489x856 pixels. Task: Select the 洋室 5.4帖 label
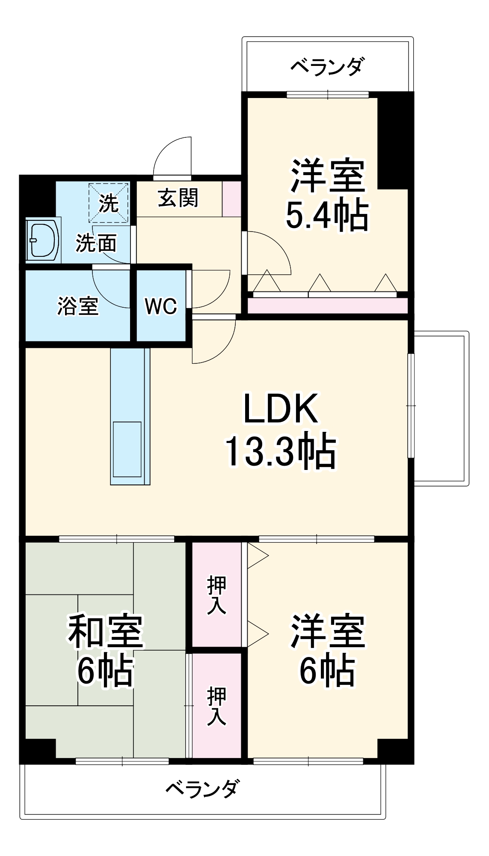point(327,195)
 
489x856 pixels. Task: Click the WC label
point(161,306)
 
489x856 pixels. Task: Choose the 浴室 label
point(78,306)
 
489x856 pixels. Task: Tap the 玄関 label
point(178,198)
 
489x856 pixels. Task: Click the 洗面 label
point(96,243)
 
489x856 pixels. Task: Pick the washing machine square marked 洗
point(109,203)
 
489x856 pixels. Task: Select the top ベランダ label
point(328,67)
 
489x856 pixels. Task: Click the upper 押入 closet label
point(216,595)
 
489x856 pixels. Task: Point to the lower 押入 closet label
point(216,706)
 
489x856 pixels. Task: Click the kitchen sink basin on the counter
point(127,449)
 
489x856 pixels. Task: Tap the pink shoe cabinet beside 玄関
point(232,199)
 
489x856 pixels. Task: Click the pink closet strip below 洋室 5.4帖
point(328,306)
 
